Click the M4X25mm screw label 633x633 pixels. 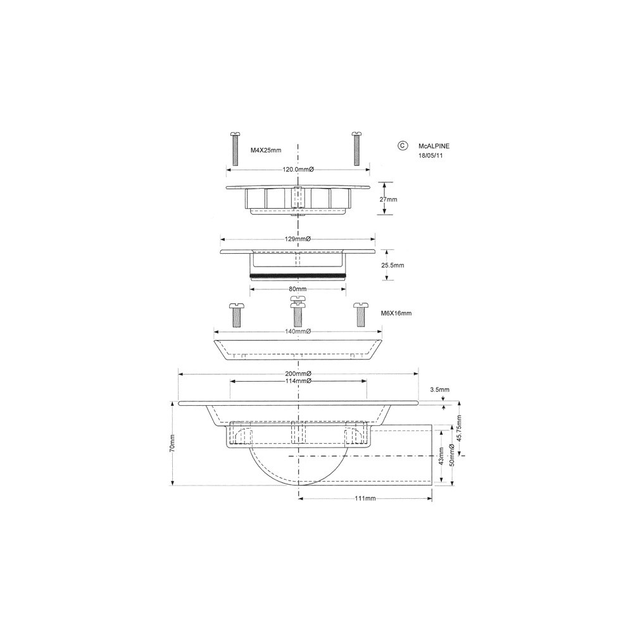click(266, 150)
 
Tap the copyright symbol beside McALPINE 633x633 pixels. click(403, 146)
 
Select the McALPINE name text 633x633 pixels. click(434, 146)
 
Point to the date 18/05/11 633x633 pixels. click(430, 155)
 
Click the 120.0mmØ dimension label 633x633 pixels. click(298, 170)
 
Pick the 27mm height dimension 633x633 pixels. click(389, 199)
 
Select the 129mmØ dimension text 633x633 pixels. click(298, 239)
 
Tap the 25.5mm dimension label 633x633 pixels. click(393, 265)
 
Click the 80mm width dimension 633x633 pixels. click(298, 289)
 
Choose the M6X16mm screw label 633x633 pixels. click(396, 313)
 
